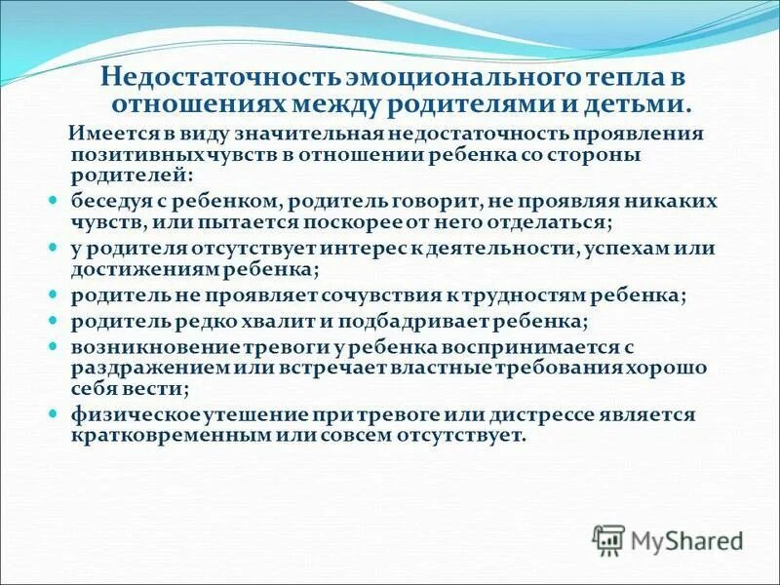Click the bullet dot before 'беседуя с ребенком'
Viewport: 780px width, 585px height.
pos(55,198)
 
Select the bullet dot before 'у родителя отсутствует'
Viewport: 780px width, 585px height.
pos(55,246)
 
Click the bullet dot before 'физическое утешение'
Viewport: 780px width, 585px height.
pos(55,413)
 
